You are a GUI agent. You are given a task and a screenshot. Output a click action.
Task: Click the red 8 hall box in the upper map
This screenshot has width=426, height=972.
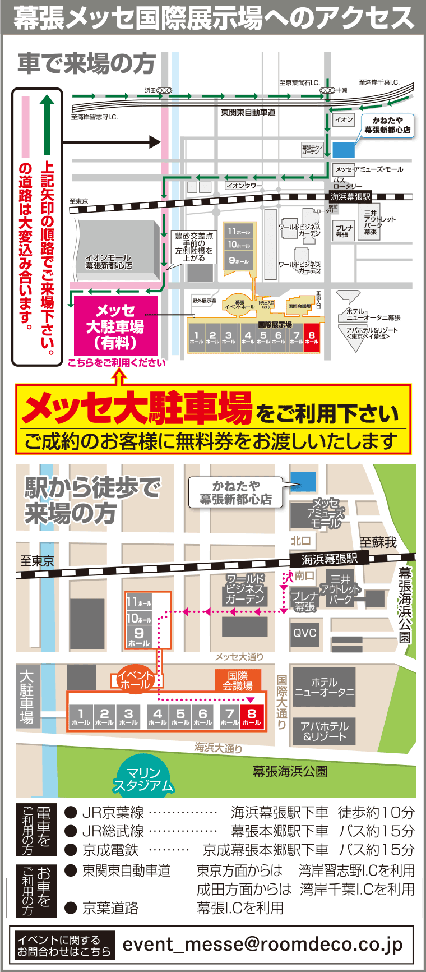pos(312,338)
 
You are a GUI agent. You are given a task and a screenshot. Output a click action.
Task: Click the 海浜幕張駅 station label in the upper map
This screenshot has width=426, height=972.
pos(350,197)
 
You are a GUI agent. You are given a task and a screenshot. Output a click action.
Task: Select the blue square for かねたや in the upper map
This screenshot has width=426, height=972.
pos(344,150)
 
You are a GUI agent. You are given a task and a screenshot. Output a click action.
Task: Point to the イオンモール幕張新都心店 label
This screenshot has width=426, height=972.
pos(109,262)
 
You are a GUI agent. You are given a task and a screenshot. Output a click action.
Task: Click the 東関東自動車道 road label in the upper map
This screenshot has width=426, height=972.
pos(248,113)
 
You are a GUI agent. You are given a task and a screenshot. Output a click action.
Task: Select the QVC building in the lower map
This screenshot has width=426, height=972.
pos(305,633)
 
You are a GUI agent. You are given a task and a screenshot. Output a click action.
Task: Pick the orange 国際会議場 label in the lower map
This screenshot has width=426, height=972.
pos(238,681)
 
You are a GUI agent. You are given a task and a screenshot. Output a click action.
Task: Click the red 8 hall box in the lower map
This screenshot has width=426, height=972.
pos(252,717)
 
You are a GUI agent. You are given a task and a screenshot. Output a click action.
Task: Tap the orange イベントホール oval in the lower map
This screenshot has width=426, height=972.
pos(135,680)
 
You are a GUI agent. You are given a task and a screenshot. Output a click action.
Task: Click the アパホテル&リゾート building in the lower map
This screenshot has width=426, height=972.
pos(324,731)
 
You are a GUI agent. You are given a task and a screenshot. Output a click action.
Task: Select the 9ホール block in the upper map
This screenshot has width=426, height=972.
pos(239,261)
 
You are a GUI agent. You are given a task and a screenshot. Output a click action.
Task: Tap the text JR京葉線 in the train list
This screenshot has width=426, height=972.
pos(113,812)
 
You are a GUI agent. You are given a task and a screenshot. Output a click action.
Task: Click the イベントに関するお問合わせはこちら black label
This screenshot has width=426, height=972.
pos(63,945)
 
